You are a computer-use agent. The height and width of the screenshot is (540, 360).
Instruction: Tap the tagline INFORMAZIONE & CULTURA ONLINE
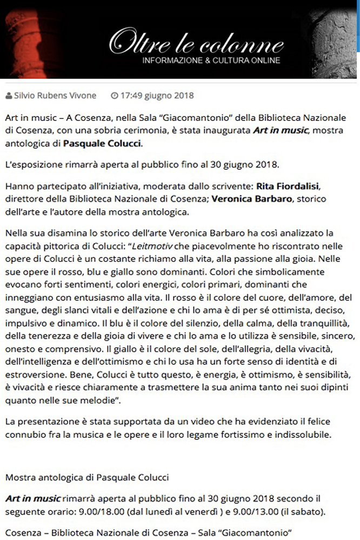click(x=211, y=60)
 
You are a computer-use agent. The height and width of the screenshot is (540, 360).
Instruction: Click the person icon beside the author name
click(x=8, y=96)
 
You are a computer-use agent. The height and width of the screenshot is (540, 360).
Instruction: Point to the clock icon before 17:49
click(x=114, y=96)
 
